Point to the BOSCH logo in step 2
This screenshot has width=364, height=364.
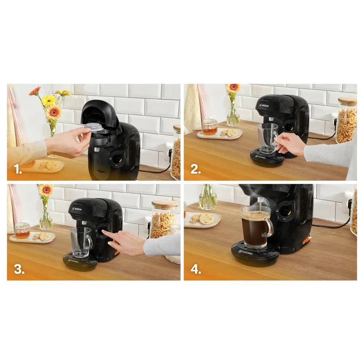[263, 105]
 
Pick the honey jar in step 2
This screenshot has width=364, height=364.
[210, 127]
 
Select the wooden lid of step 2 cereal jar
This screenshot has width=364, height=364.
[347, 101]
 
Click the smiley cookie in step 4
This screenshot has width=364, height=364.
[207, 218]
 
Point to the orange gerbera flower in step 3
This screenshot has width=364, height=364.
[46, 189]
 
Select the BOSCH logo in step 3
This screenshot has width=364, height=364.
[78, 209]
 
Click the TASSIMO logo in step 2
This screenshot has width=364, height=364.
[261, 157]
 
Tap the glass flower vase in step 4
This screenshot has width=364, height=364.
[208, 198]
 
